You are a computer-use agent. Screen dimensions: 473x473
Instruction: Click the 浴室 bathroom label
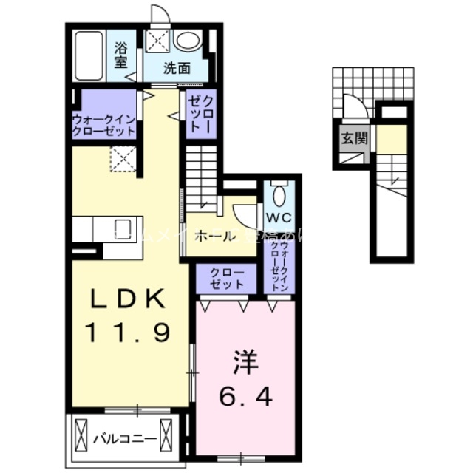(120, 55)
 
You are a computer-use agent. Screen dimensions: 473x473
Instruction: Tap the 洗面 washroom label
(177, 69)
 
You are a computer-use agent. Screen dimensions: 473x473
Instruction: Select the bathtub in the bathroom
(90, 54)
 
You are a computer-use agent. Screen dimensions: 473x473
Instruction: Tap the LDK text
(127, 299)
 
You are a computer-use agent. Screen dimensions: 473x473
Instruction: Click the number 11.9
(127, 333)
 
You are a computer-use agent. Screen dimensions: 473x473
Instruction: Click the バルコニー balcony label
(124, 438)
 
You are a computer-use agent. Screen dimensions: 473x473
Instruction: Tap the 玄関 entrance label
(350, 137)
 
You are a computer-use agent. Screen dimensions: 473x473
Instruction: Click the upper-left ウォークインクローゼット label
(104, 123)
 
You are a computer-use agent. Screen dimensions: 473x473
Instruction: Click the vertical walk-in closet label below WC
(280, 267)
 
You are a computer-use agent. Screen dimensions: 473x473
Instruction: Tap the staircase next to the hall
(200, 177)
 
